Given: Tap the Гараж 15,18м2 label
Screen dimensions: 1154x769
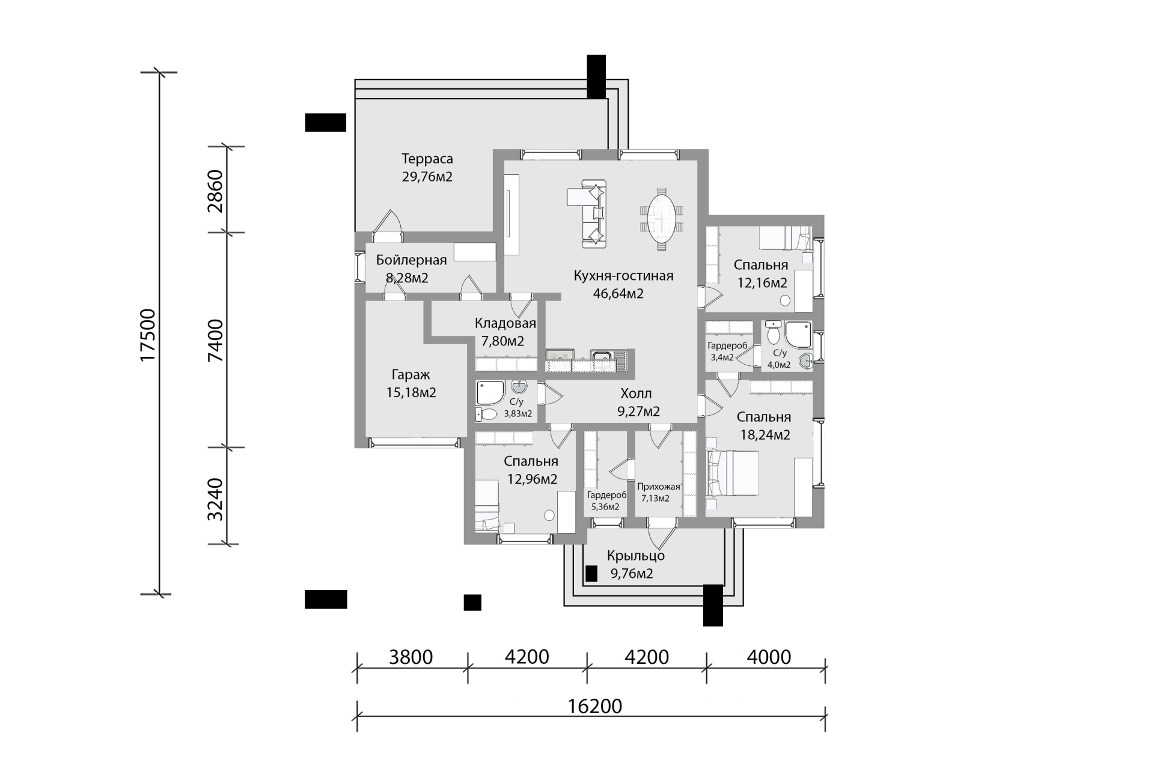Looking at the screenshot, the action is (411, 383).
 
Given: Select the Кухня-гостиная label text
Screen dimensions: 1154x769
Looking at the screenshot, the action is (623, 276).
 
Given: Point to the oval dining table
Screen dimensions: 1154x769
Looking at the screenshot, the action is (662, 217).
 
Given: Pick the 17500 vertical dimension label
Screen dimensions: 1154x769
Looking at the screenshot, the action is (147, 335).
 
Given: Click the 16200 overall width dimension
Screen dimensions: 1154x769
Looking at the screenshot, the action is (595, 706).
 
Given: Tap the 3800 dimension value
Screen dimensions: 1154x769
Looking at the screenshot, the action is (411, 657).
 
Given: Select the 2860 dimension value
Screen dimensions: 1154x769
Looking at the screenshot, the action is (215, 191).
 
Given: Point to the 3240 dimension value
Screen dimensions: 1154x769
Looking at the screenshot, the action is (215, 500).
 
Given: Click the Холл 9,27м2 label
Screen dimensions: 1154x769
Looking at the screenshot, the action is (638, 403).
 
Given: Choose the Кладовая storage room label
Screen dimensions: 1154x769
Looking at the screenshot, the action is (505, 323).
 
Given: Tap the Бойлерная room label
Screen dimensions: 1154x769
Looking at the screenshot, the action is (412, 260).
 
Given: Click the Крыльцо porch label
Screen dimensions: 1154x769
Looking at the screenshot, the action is (636, 556).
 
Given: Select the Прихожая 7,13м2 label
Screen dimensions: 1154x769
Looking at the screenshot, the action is (659, 493).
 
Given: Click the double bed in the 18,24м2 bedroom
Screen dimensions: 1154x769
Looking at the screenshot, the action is (733, 474).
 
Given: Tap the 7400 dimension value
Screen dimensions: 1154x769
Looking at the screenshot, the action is (215, 340).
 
